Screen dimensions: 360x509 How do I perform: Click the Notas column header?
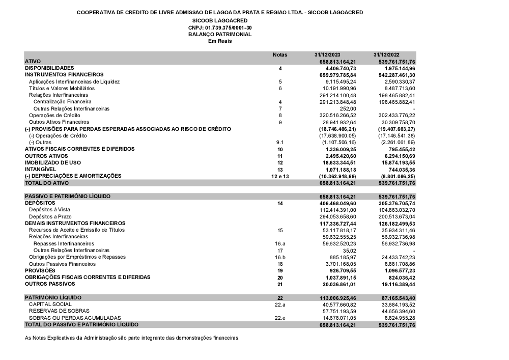(280, 54)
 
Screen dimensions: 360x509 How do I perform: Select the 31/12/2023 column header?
(328, 54)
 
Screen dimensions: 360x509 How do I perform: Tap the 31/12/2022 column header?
(386, 54)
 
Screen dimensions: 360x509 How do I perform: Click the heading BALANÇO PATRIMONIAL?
(220, 34)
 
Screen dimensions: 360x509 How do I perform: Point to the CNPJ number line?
(220, 27)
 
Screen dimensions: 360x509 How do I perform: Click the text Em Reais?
(220, 41)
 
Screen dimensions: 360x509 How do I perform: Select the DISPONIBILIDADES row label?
(49, 68)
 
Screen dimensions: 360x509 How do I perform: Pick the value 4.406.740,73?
(337, 68)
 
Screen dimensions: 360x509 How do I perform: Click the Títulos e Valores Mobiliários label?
(62, 88)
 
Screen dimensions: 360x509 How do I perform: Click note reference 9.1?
(279, 143)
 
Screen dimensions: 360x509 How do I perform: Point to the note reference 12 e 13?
(280, 176)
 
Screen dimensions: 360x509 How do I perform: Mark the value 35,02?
(349, 251)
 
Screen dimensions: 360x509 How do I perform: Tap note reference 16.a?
(280, 244)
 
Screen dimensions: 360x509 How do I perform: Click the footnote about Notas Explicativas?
(132, 338)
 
